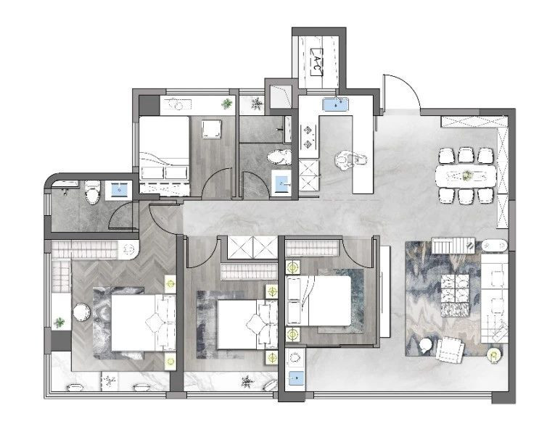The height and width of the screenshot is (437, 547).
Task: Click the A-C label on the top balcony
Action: (316, 62)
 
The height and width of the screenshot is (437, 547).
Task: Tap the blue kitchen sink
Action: (336, 104)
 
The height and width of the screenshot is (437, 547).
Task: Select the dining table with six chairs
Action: (466, 176)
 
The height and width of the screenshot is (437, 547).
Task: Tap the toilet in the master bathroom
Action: (93, 192)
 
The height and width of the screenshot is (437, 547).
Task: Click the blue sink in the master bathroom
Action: (119, 191)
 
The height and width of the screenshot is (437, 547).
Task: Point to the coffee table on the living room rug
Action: (456, 295)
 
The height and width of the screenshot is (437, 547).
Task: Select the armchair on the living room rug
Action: (450, 350)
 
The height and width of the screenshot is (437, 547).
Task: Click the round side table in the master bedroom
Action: (82, 312)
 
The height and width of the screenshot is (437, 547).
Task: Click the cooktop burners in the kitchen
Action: (308, 136)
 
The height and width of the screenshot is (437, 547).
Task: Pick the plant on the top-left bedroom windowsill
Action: (227, 104)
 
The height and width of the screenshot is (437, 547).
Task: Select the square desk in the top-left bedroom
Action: (212, 129)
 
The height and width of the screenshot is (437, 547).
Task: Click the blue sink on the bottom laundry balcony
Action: (296, 377)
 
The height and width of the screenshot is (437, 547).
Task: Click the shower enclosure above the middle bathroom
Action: (281, 96)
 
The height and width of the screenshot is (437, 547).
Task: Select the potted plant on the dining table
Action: (466, 175)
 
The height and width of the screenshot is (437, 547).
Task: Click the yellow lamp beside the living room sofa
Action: (494, 355)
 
